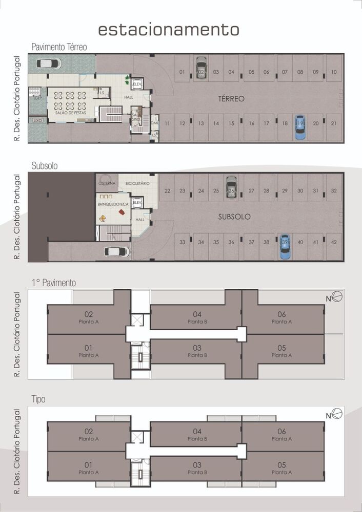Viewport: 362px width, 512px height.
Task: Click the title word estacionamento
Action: click(x=168, y=29)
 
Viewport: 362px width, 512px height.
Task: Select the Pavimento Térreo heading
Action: click(x=59, y=47)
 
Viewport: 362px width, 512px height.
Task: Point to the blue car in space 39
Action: click(x=285, y=247)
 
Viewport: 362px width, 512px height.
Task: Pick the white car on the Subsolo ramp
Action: click(x=116, y=251)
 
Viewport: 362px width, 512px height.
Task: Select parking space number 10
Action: click(x=334, y=72)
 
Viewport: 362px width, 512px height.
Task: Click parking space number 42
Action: click(x=334, y=242)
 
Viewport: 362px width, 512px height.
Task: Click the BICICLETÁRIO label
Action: click(x=137, y=183)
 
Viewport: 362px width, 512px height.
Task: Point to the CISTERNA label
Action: click(x=107, y=182)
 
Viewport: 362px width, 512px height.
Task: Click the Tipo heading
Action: click(x=39, y=398)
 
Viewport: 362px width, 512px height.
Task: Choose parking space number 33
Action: click(x=182, y=242)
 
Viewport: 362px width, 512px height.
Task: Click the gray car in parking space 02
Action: click(x=201, y=68)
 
